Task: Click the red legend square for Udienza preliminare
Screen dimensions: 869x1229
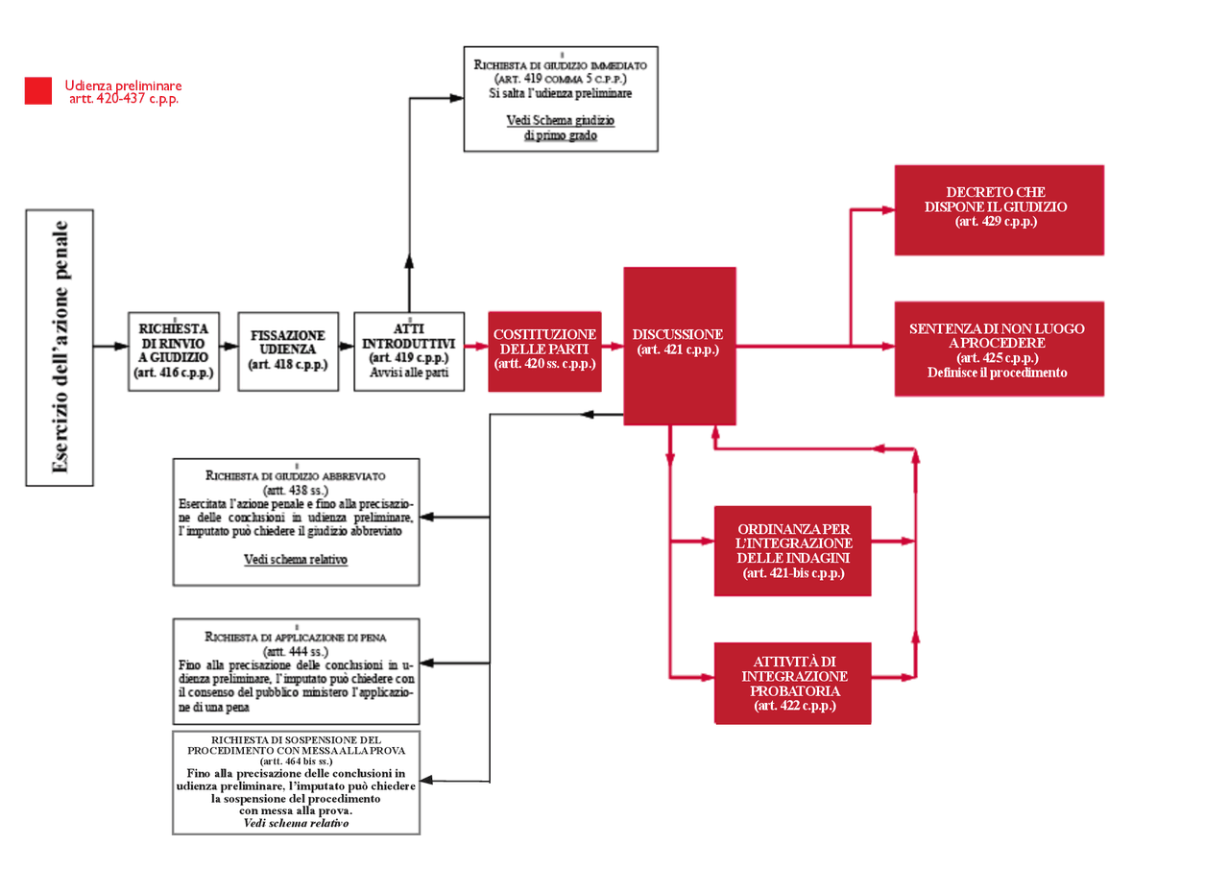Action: (x=38, y=90)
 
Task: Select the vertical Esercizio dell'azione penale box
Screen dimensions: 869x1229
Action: (x=60, y=347)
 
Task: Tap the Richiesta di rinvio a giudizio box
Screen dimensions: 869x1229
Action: (x=174, y=350)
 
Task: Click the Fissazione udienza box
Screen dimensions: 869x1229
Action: (x=288, y=350)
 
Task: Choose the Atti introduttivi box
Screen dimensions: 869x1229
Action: (x=409, y=350)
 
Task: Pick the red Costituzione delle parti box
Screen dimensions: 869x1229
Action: (x=544, y=350)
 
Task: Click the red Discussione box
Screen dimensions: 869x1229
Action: (x=679, y=346)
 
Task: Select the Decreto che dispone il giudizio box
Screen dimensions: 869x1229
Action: (x=999, y=209)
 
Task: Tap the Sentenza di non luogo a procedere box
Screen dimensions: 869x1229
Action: (x=999, y=349)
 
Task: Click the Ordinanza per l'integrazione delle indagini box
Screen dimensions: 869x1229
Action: (x=792, y=551)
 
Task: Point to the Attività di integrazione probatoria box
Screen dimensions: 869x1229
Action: (x=792, y=683)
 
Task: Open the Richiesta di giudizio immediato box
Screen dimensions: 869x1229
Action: (x=561, y=98)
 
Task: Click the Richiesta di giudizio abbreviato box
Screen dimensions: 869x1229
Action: (x=296, y=521)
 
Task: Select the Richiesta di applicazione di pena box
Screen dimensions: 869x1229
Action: (x=296, y=671)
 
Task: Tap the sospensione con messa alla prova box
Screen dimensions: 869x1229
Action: (x=296, y=783)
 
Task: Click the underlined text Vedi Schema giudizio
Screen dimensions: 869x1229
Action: (x=561, y=121)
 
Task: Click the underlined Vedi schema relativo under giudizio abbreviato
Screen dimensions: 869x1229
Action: (x=296, y=559)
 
